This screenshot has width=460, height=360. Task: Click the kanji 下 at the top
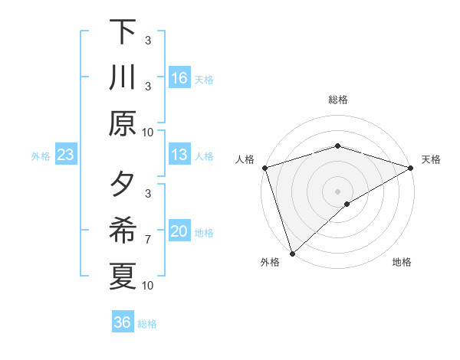tap(122, 32)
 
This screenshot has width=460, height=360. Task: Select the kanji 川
tap(122, 78)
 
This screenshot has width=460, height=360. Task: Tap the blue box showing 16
tap(179, 78)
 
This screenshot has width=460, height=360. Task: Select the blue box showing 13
tap(179, 155)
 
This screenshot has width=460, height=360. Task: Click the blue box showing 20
tap(179, 231)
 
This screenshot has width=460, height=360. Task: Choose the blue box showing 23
tap(66, 155)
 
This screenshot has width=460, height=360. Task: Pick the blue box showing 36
tap(123, 322)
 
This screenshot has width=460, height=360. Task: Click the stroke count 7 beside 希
tap(148, 240)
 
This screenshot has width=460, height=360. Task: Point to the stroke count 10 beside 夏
tap(148, 286)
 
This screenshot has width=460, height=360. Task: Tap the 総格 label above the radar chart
tap(338, 100)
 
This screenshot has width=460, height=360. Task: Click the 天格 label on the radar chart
tap(432, 159)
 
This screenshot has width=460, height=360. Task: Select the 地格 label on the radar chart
tap(402, 263)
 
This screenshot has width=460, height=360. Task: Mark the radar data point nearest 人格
tap(264, 168)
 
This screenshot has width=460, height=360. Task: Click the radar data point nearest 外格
tap(292, 253)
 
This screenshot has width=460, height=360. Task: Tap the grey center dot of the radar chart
tap(338, 191)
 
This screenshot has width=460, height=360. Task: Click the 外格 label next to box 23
tap(41, 155)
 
